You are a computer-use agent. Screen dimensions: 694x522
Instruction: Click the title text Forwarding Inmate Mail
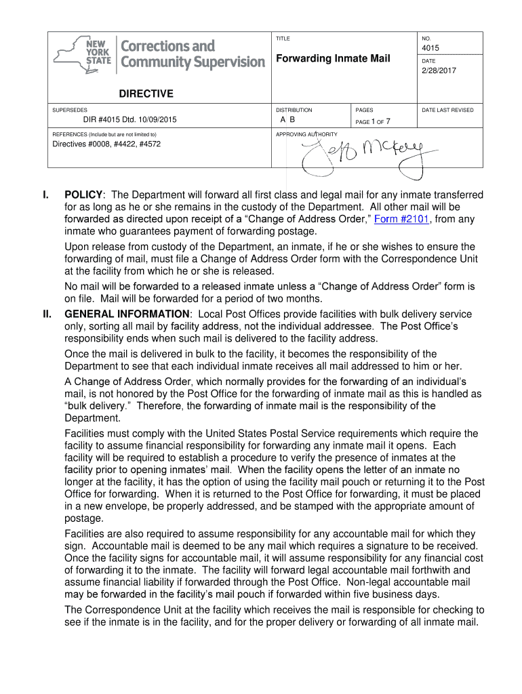332,59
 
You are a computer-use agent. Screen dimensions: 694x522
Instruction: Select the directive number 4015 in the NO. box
430,49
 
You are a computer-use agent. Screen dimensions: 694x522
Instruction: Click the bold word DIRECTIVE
146,94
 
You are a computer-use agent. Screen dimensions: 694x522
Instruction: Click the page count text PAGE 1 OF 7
373,122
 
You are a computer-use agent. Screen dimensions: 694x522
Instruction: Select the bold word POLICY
83,195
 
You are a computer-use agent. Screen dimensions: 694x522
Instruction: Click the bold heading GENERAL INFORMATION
127,314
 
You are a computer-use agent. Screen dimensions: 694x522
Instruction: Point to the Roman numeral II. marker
47,314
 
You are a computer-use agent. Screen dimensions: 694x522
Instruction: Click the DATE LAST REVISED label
447,110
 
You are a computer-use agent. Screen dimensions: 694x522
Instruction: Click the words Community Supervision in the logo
193,62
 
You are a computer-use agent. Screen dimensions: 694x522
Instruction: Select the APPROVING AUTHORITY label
306,134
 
